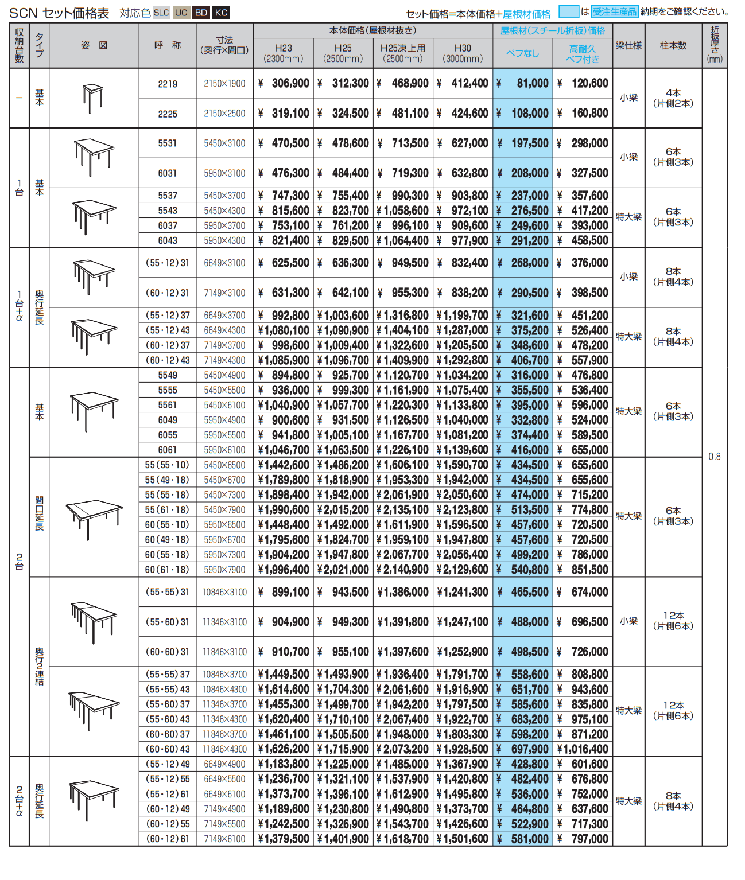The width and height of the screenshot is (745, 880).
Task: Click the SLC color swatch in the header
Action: pos(161,13)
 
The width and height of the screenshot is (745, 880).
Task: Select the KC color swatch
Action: pos(221,13)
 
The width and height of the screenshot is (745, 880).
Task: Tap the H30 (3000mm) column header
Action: pos(463,53)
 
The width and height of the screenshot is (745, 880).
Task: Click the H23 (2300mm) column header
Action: pos(284,53)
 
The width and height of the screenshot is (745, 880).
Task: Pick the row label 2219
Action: pos(168,84)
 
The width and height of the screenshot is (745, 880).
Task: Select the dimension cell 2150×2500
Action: pos(224,114)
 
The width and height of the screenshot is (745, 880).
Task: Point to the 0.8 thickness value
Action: pos(715,457)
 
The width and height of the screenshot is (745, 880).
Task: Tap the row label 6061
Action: pos(168,450)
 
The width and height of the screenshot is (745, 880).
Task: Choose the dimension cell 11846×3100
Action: pos(224,652)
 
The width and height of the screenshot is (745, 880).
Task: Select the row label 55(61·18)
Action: pos(167,509)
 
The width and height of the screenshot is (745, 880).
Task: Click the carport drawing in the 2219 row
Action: pos(93,98)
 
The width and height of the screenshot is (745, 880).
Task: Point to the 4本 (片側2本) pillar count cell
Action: pos(673,98)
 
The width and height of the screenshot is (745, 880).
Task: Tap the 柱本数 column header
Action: pos(673,45)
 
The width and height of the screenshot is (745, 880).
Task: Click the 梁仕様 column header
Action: pos(628,45)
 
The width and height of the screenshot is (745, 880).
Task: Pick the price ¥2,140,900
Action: pos(403,570)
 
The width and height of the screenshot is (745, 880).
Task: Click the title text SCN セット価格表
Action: pos(59,13)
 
